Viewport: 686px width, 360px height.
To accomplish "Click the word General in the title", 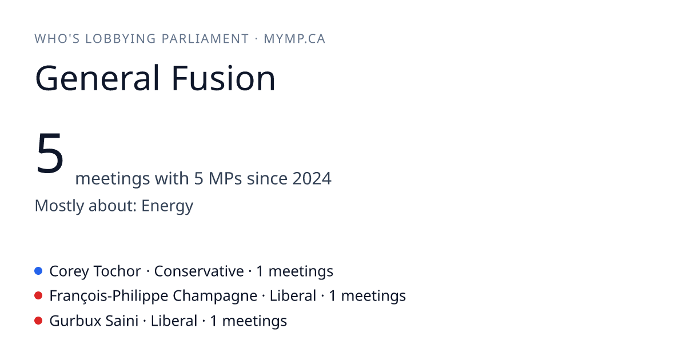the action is click(x=97, y=78).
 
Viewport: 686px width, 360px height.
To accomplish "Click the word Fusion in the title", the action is click(x=224, y=78).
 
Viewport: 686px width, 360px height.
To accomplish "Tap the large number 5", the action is click(x=50, y=153).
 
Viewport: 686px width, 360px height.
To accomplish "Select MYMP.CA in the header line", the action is click(x=294, y=39).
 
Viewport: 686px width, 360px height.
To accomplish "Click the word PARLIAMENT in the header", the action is click(x=205, y=39).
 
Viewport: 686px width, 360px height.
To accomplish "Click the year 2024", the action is click(x=312, y=178).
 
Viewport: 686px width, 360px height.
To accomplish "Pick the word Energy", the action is click(x=167, y=206).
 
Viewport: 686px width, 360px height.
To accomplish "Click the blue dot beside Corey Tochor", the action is click(x=38, y=271).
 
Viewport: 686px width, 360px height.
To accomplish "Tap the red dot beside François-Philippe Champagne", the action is click(x=38, y=296).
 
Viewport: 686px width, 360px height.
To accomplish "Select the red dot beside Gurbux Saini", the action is click(x=38, y=321).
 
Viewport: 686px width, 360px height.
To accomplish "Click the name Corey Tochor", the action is click(x=95, y=271).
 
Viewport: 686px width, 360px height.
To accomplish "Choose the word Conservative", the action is click(x=199, y=271).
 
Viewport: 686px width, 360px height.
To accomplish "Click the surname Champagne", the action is click(x=215, y=297).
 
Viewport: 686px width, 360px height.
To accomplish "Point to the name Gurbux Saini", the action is click(x=94, y=321).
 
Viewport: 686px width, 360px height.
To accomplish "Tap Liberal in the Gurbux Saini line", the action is click(x=174, y=321).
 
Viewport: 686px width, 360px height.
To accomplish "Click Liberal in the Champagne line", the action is click(x=293, y=296).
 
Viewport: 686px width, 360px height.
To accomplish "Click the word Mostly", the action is click(x=59, y=206).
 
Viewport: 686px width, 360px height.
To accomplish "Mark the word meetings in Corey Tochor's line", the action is click(x=301, y=271).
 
